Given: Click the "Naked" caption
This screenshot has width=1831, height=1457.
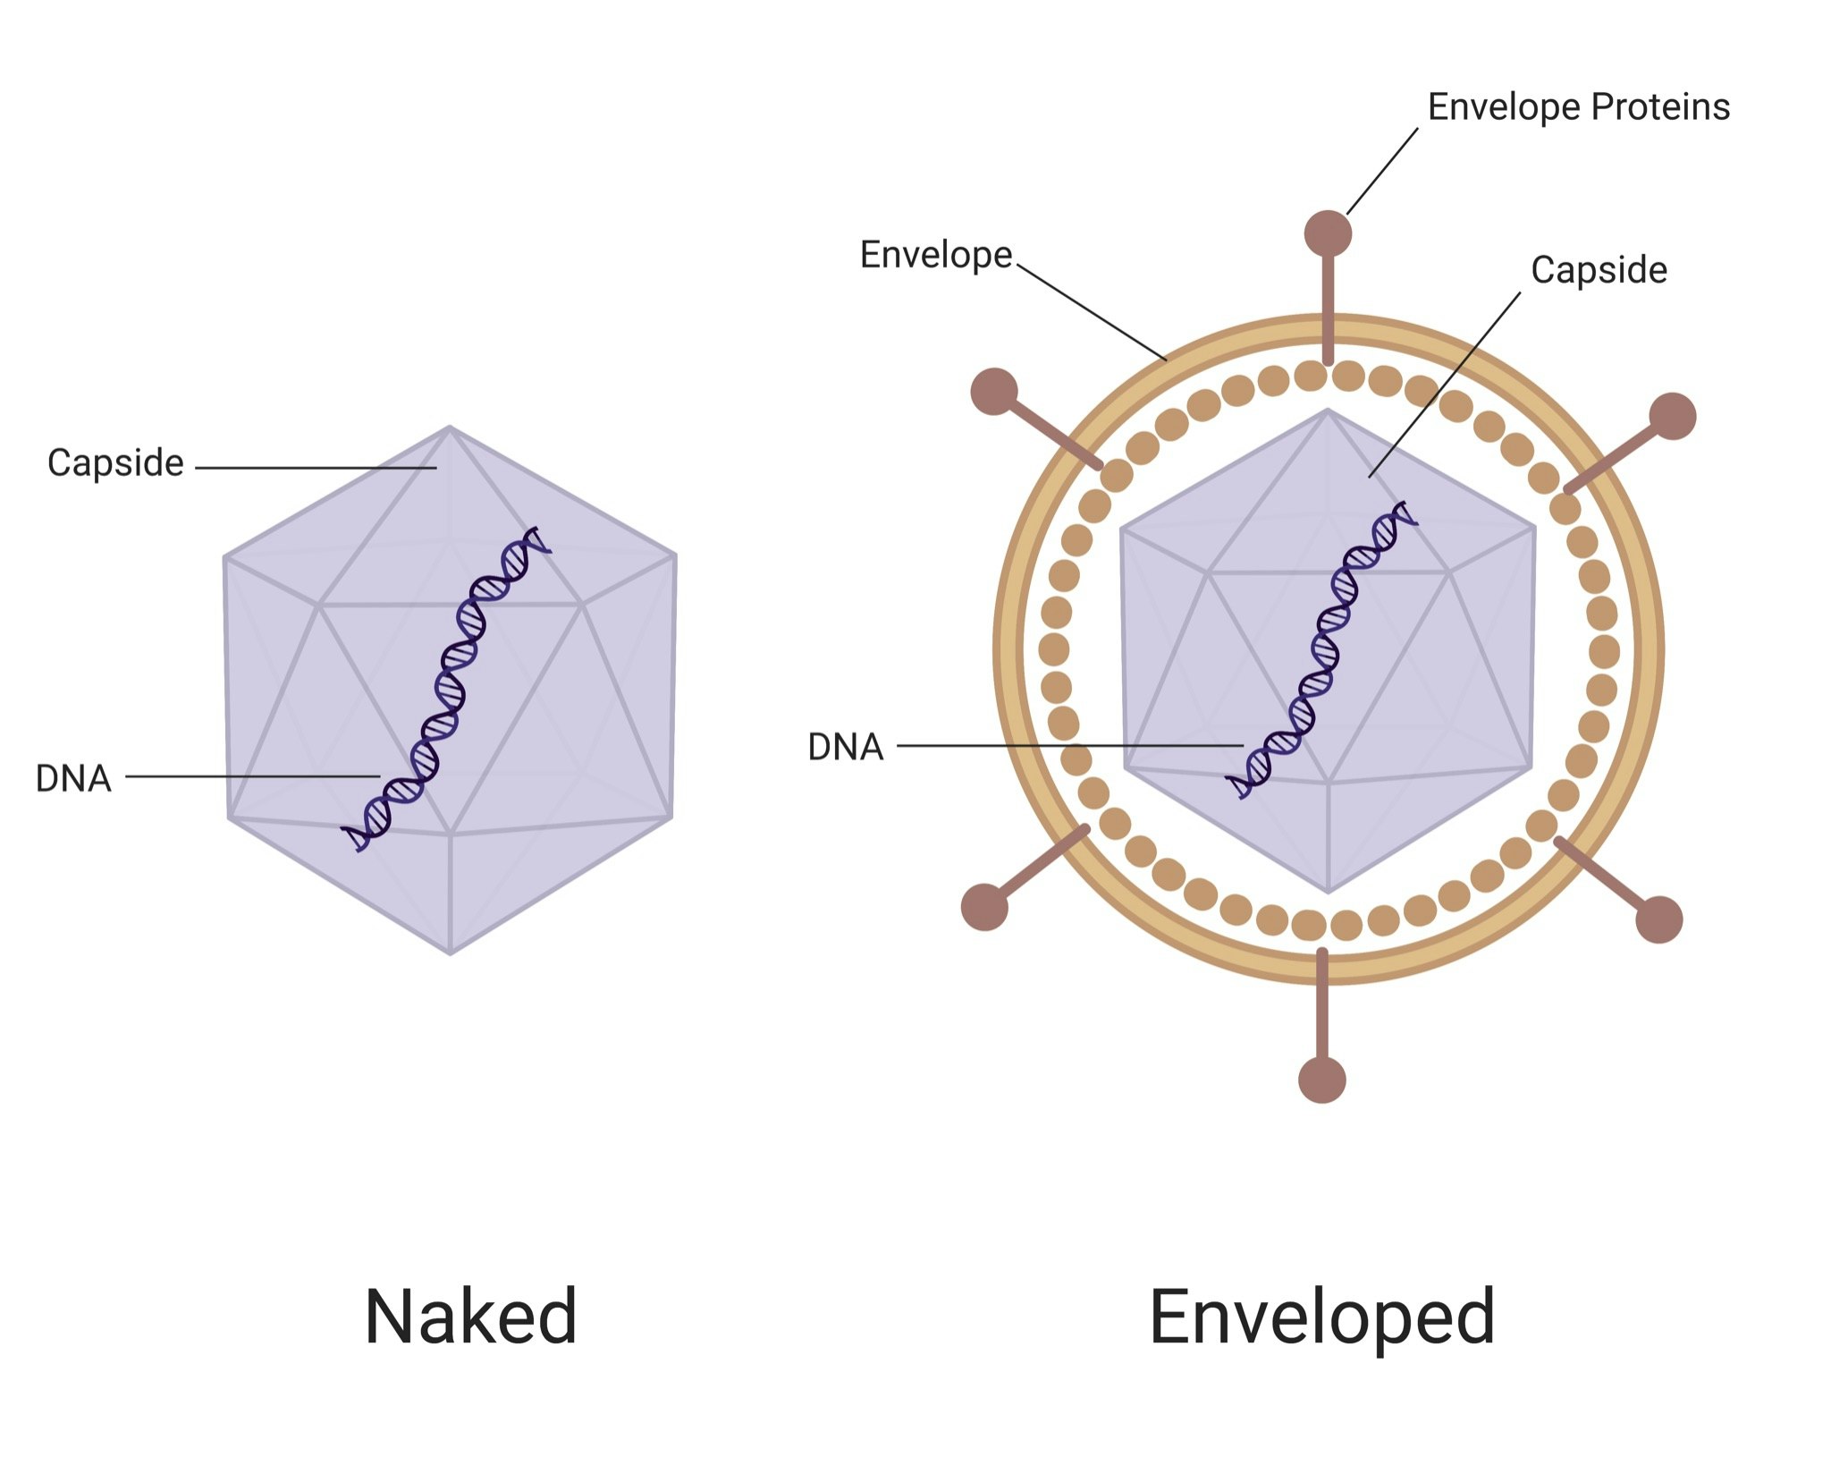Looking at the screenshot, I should [470, 1316].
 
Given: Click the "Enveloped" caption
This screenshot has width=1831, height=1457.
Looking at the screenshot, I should [1321, 1316].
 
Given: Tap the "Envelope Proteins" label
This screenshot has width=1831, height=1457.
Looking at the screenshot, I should [1578, 107].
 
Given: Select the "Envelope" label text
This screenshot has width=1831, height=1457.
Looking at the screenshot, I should [935, 256].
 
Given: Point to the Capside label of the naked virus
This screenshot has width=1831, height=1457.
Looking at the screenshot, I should [115, 463].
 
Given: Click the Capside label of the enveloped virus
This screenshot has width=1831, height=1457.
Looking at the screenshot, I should [1599, 270].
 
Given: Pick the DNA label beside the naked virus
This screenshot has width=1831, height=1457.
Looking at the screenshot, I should [73, 779].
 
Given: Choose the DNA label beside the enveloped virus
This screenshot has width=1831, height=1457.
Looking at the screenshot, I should [845, 747].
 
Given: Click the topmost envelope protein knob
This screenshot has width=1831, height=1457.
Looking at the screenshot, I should [1328, 234].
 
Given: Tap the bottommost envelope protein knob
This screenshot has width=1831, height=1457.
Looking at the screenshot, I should [1321, 1080].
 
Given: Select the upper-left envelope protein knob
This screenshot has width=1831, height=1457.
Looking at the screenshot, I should [994, 392].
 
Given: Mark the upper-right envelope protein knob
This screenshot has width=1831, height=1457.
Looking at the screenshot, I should [1672, 416].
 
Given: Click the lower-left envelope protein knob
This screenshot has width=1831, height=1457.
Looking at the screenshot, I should [984, 907].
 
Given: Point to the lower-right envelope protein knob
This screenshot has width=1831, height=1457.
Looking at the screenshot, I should [1658, 919].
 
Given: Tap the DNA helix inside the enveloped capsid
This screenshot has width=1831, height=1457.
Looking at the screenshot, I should [1322, 650].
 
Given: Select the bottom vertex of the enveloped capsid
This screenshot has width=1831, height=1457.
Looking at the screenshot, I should [1328, 891].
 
